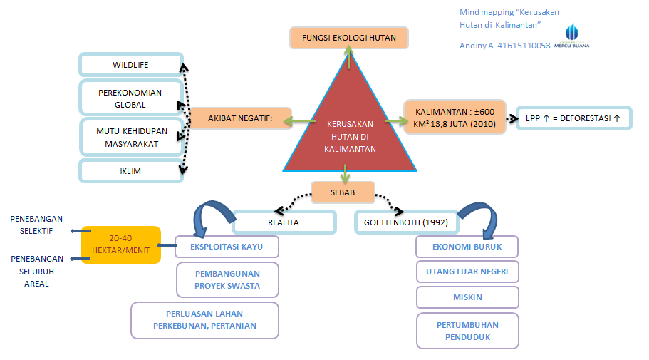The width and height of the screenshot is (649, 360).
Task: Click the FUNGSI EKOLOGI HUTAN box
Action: [x=348, y=38]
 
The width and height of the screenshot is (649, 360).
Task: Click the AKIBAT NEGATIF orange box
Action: [x=240, y=118]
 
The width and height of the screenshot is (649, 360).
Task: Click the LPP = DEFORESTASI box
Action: [x=573, y=118]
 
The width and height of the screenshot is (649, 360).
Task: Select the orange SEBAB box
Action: [x=343, y=192]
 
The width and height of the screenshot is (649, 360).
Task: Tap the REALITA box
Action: [x=283, y=222]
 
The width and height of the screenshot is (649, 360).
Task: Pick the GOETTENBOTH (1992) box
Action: [x=407, y=222]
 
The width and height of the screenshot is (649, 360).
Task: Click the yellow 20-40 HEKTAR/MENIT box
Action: [x=120, y=245]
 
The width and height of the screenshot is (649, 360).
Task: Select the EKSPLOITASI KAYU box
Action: [x=227, y=247]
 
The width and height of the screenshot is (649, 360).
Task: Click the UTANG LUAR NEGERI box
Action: [x=467, y=272]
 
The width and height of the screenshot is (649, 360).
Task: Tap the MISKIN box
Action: [x=467, y=296]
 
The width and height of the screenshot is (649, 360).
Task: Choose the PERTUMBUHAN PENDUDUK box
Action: [x=467, y=331]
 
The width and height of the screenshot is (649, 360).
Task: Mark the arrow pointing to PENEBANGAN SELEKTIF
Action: [x=76, y=230]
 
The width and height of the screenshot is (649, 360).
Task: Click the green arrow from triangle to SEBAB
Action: [x=345, y=173]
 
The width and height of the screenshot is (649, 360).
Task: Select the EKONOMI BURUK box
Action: [x=467, y=247]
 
